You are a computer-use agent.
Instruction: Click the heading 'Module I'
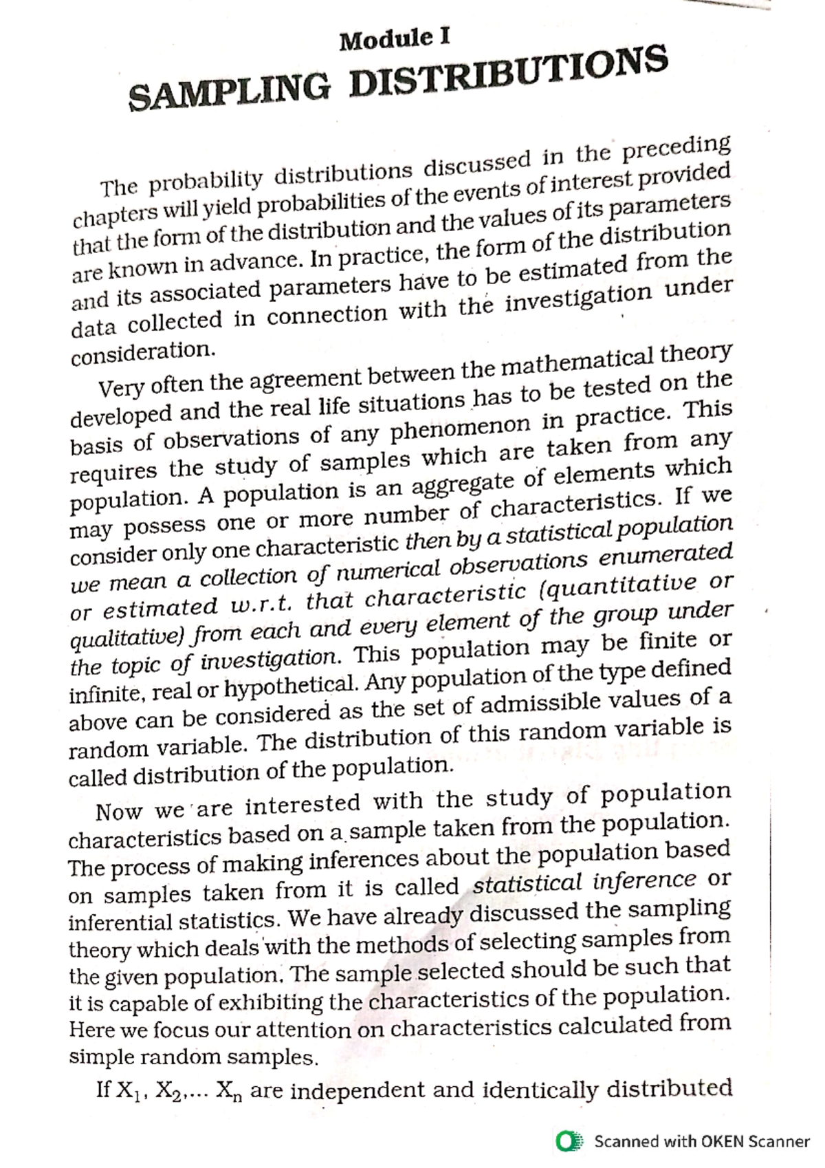(x=395, y=40)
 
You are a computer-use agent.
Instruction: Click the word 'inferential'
(x=120, y=922)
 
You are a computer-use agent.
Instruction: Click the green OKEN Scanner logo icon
(x=569, y=1141)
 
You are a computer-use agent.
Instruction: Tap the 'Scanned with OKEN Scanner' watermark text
(x=701, y=1141)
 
